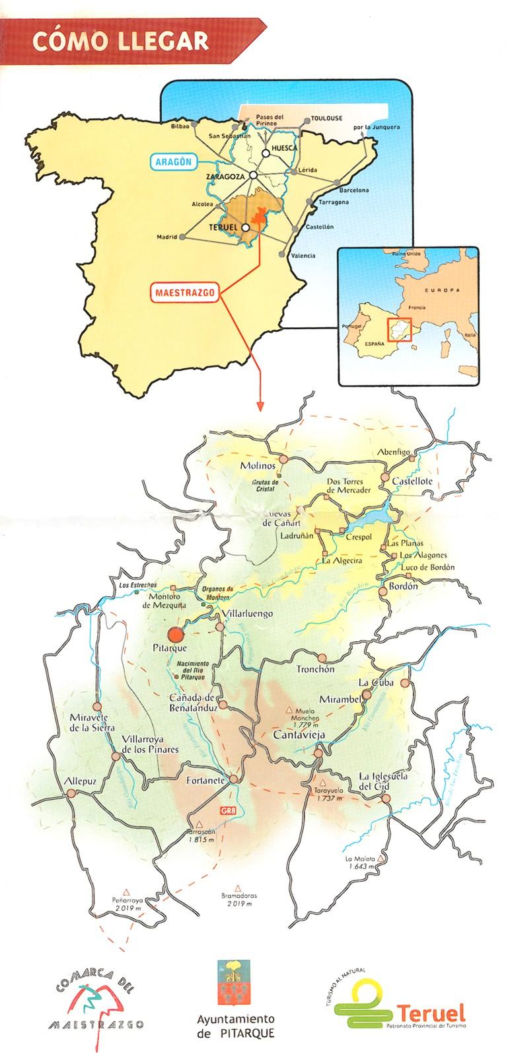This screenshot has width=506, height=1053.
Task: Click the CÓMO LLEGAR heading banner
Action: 121,41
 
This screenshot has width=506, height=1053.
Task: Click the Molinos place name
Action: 257,466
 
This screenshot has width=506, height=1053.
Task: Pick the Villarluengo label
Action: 248,613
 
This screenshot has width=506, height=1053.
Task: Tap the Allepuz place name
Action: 80,781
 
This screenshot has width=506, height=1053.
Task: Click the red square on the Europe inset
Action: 398,330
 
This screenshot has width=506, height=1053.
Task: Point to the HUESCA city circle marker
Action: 265,153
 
